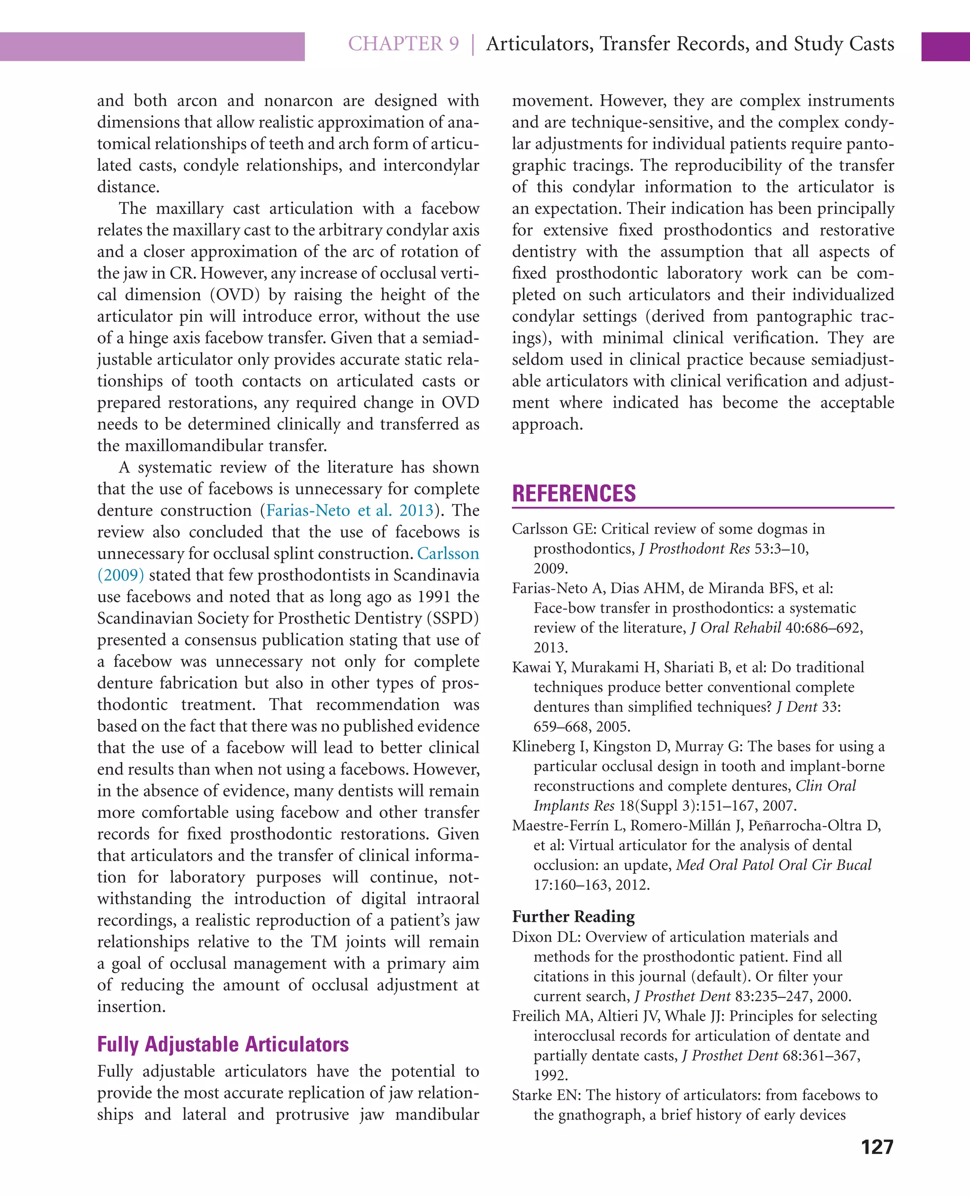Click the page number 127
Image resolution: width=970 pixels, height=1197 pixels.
(x=877, y=1147)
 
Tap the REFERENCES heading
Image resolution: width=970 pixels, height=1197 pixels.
(x=574, y=494)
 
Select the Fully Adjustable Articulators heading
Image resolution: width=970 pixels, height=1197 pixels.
(x=223, y=1044)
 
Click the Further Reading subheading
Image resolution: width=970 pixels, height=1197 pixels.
(x=573, y=916)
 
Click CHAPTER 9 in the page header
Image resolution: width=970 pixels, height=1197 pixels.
(x=404, y=44)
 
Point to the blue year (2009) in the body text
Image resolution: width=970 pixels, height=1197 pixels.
(x=121, y=575)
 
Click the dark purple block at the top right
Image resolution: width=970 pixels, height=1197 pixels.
(x=945, y=46)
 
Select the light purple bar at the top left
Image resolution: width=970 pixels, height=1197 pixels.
(x=152, y=46)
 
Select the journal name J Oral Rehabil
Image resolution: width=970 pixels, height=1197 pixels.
(x=736, y=627)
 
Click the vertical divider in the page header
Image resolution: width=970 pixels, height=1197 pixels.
(x=473, y=44)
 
